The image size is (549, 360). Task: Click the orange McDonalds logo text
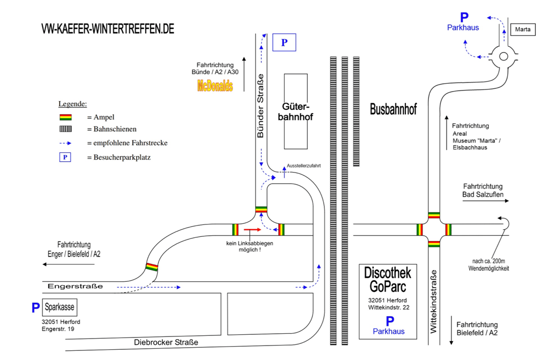tap(215, 86)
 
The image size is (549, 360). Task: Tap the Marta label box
tap(522, 30)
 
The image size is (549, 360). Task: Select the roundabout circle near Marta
tap(503, 56)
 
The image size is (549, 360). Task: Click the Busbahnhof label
tap(393, 109)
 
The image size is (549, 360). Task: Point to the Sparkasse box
tap(60, 307)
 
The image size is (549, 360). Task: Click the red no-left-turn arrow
tap(252, 229)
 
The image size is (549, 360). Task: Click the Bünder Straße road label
tap(261, 106)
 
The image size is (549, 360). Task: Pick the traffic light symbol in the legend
tap(65, 117)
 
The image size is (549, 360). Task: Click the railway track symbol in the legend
tap(65, 129)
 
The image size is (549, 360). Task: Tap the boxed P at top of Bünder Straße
tap(284, 43)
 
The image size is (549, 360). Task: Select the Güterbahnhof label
tap(295, 111)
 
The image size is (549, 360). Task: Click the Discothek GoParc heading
tap(388, 279)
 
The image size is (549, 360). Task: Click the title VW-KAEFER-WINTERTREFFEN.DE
tap(108, 29)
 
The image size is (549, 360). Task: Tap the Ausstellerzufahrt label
tap(303, 166)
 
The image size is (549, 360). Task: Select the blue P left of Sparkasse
tap(36, 308)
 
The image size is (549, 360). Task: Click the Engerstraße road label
tap(75, 287)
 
